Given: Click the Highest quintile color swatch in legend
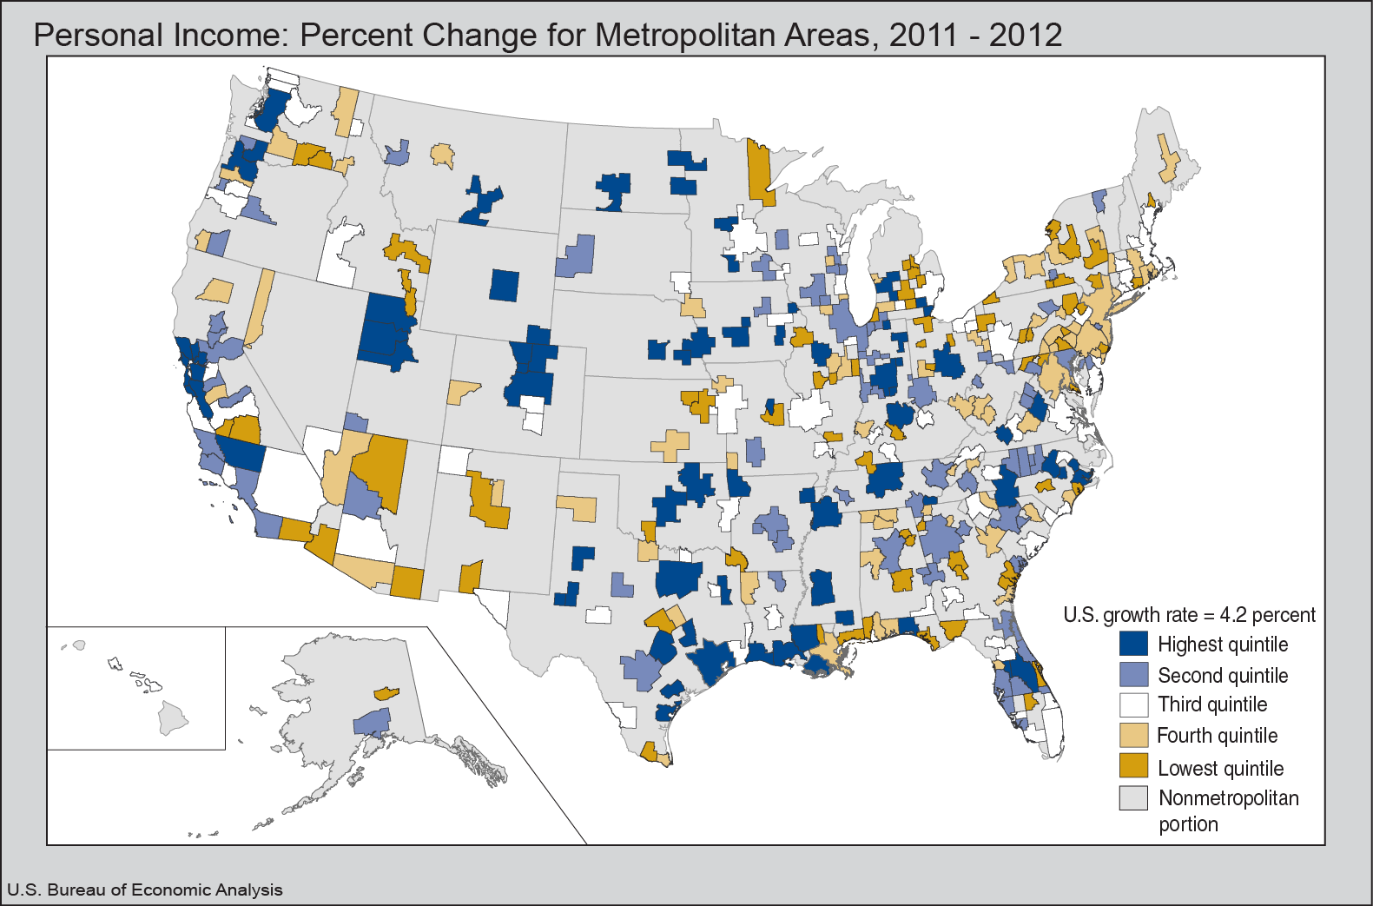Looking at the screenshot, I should coord(1133,644).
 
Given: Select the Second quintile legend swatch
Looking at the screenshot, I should coord(1133,675).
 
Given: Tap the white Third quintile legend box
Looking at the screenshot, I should coord(1133,704).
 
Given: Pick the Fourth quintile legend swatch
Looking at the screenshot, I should coord(1133,736).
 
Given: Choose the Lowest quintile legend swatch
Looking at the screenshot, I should coord(1133,766).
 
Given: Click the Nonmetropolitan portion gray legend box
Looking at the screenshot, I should coord(1133,797).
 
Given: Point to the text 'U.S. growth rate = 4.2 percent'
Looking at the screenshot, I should coord(1189,615).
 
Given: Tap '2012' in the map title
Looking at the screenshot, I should coord(1026,36).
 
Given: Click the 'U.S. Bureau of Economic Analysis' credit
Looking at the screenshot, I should coord(145,889).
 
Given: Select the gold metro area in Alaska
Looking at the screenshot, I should coord(386,693).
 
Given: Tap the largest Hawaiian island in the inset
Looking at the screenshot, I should coord(173,718).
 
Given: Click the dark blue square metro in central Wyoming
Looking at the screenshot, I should coord(504,285).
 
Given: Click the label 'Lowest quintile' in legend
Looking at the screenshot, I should coord(1220,769).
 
